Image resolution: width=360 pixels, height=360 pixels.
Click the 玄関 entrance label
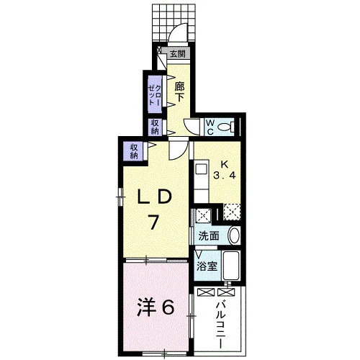pyautogui.click(x=178, y=54)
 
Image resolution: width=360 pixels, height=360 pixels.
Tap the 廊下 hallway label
pyautogui.click(x=179, y=91)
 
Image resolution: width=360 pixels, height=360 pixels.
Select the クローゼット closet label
pyautogui.click(x=155, y=95)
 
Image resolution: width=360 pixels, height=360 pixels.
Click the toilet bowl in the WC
pyautogui.click(x=225, y=127)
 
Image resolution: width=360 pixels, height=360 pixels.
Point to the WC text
pyautogui.click(x=210, y=127)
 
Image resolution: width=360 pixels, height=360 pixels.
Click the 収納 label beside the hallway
pyautogui.click(x=155, y=127)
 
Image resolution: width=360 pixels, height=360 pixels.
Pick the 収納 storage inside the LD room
pyautogui.click(x=134, y=151)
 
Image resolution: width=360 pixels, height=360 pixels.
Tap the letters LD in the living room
pyautogui.click(x=154, y=197)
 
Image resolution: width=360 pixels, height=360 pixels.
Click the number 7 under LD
pyautogui.click(x=153, y=222)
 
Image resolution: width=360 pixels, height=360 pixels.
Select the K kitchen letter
pyautogui.click(x=225, y=164)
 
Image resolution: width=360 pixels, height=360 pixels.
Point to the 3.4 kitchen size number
pyautogui.click(x=225, y=176)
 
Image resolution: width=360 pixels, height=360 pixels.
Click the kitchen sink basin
pyautogui.click(x=201, y=169)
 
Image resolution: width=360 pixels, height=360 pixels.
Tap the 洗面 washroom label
pyautogui.click(x=209, y=236)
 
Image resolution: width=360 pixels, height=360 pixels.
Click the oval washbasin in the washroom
pyautogui.click(x=233, y=235)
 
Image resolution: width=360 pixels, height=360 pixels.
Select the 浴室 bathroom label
pyautogui.click(x=207, y=266)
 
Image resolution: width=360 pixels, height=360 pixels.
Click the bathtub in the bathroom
pyautogui.click(x=231, y=265)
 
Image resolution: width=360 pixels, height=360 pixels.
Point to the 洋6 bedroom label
pyautogui.click(x=155, y=308)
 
